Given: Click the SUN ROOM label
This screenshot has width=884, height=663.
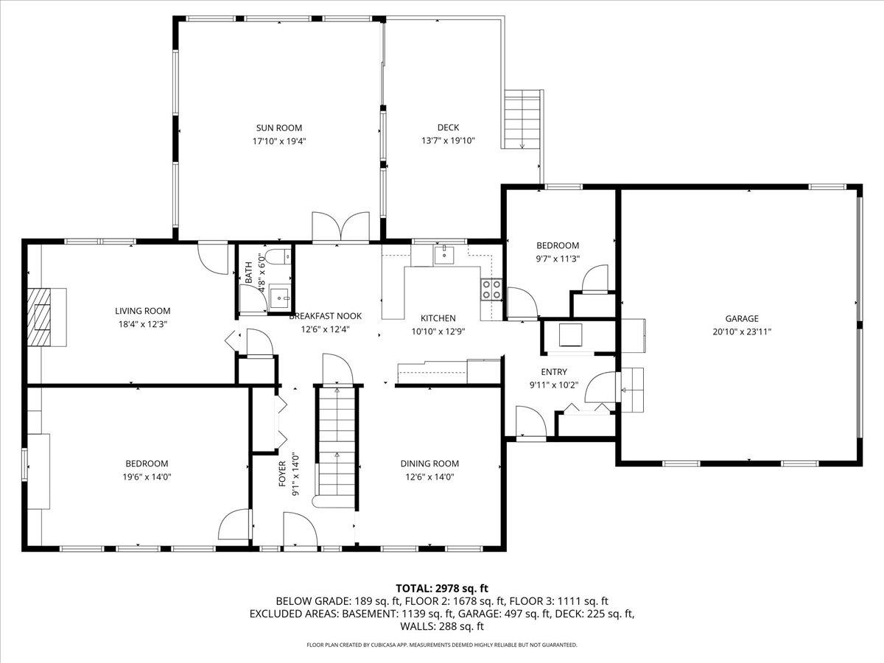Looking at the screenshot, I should tap(279, 127).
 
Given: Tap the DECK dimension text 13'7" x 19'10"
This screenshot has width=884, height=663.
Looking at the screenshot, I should tap(448, 140).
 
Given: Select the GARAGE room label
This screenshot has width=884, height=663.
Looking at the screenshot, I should tap(741, 318).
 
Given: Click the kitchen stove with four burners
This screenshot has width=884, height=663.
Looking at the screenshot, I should tap(491, 290).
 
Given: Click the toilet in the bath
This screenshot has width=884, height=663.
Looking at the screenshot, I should tap(278, 258).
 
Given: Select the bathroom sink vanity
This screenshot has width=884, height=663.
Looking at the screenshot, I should tap(278, 298).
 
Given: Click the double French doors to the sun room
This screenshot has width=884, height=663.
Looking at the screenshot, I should tap(340, 226).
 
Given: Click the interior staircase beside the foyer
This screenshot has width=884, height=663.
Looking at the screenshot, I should tap(337, 442).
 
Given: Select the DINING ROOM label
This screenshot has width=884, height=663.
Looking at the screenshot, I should tap(429, 463).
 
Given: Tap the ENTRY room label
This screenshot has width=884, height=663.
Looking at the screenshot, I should tap(554, 372).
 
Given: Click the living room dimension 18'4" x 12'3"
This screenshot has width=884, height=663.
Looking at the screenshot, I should tap(142, 323).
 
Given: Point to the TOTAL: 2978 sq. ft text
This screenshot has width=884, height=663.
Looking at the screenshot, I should tap(442, 588).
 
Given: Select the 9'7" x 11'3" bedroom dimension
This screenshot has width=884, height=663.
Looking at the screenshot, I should tap(557, 258).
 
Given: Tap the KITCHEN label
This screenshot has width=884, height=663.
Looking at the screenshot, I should tap(438, 318).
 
